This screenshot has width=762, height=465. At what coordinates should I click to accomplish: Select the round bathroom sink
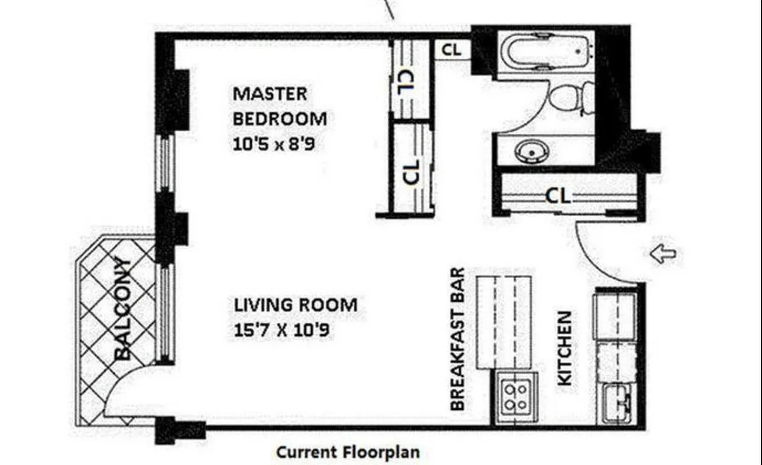click(530, 152)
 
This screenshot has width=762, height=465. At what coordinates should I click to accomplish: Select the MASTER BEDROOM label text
click(279, 106)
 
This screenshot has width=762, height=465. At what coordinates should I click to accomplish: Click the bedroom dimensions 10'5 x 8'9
click(273, 144)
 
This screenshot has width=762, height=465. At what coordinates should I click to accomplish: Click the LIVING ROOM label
click(295, 305)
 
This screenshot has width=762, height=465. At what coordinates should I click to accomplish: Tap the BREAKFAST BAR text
click(458, 339)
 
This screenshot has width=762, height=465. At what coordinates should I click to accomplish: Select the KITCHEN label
click(565, 348)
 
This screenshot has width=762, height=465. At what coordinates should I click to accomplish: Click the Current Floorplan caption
click(347, 452)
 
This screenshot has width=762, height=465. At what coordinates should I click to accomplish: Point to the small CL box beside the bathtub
click(451, 50)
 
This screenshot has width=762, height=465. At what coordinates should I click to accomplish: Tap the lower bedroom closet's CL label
click(411, 171)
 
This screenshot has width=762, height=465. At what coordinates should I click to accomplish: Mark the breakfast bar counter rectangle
click(504, 322)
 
